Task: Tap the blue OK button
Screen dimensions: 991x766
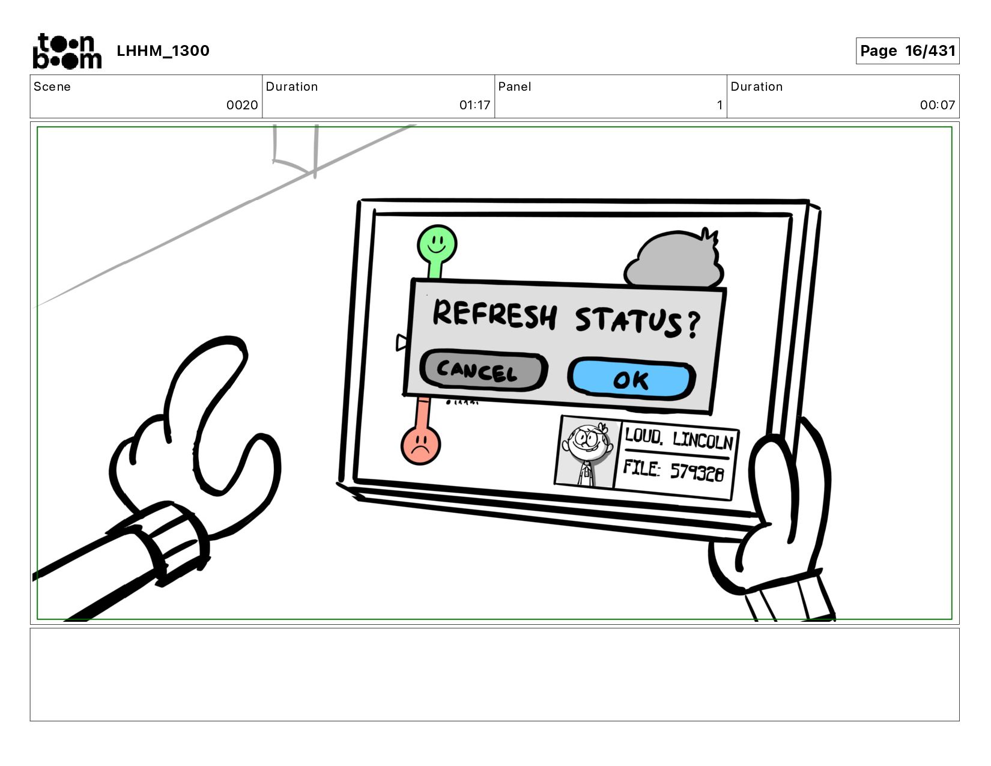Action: pyautogui.click(x=631, y=379)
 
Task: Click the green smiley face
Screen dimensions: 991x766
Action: pyautogui.click(x=437, y=245)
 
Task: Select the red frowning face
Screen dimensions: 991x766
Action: pyautogui.click(x=420, y=445)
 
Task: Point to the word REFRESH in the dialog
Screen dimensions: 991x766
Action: pyautogui.click(x=494, y=314)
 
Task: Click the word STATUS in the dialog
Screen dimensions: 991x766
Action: pyautogui.click(x=628, y=320)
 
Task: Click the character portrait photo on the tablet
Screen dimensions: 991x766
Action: pyautogui.click(x=586, y=454)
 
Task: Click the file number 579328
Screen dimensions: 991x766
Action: pyautogui.click(x=697, y=472)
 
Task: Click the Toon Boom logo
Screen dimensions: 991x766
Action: pyautogui.click(x=67, y=51)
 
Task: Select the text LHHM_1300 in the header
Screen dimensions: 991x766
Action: pyautogui.click(x=163, y=51)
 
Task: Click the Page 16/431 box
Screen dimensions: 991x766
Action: pyautogui.click(x=907, y=51)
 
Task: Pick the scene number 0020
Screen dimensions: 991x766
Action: pyautogui.click(x=242, y=105)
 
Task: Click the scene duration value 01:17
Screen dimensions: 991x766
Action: pyautogui.click(x=474, y=105)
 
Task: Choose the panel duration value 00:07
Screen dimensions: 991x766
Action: pyautogui.click(x=937, y=105)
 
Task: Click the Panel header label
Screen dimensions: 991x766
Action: pyautogui.click(x=515, y=87)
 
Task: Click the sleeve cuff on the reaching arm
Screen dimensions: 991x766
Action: pyautogui.click(x=171, y=544)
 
